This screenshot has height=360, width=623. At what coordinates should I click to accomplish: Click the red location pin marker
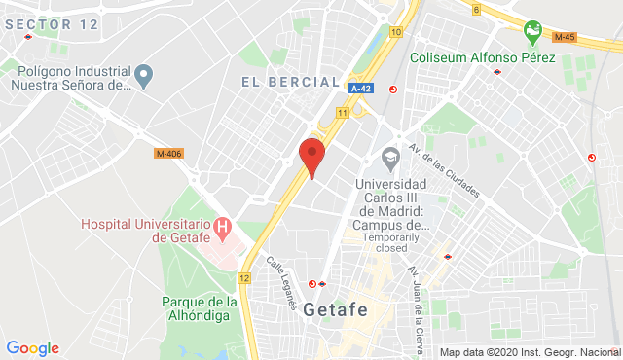(311, 156)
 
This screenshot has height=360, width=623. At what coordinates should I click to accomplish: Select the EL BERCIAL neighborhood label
(291, 83)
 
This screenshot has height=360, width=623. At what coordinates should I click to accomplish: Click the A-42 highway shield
(361, 88)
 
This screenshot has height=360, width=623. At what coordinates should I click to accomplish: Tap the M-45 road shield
(564, 37)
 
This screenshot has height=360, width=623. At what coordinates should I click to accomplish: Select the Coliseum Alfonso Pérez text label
(482, 57)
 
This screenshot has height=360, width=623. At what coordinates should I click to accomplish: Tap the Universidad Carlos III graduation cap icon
(390, 157)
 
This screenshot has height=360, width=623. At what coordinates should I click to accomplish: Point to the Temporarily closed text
(391, 241)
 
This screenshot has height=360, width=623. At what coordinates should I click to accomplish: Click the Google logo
(32, 348)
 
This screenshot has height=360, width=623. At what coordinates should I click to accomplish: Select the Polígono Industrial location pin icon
(144, 74)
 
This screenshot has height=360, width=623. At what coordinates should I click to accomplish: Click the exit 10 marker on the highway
(394, 32)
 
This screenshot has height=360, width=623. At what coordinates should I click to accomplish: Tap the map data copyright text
(530, 352)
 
